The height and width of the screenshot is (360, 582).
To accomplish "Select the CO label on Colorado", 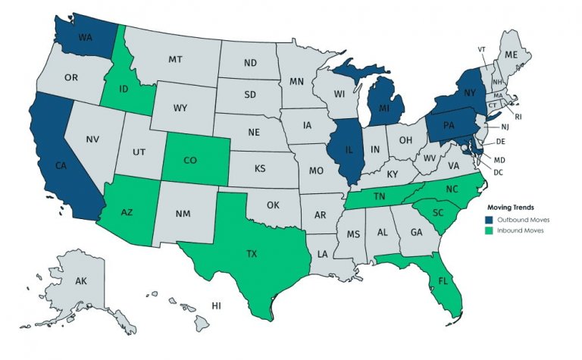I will coord(190,159).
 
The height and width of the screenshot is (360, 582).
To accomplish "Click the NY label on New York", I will coord(470,90).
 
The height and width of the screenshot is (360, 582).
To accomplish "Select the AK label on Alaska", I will coord(81,280).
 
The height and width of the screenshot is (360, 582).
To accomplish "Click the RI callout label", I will coord(518,117).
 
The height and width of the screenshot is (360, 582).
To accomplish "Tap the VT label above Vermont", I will coord(480,50).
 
